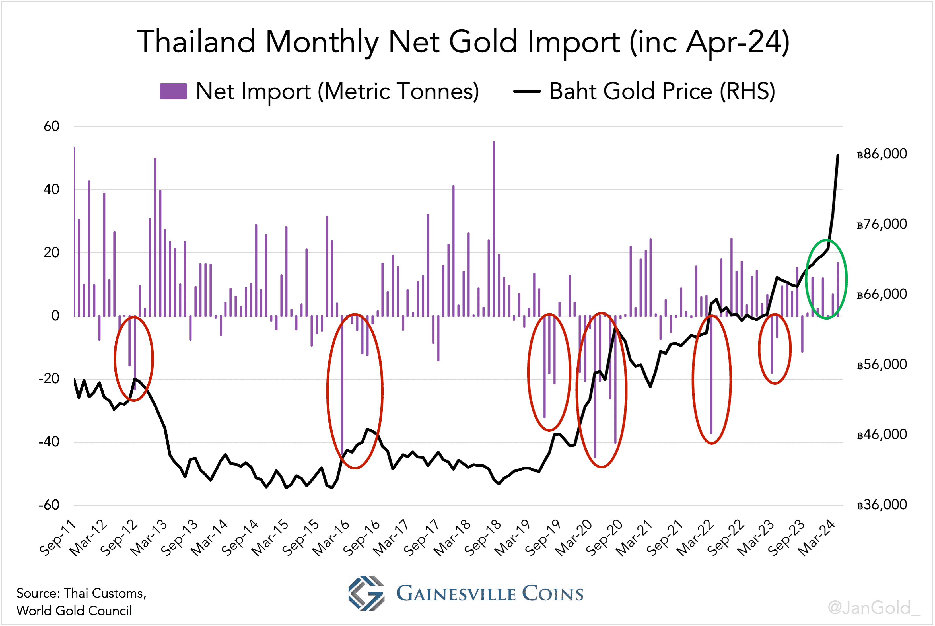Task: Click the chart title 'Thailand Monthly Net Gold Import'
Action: [x=463, y=42]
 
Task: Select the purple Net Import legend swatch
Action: [x=173, y=91]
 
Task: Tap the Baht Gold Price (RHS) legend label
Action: [x=662, y=91]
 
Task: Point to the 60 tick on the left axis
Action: [x=52, y=127]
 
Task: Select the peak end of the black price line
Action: [x=838, y=155]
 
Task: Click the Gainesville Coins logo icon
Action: [x=366, y=593]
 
